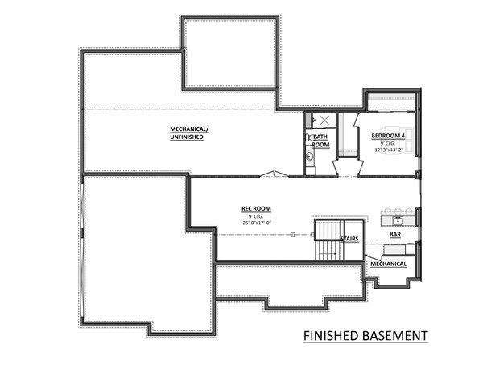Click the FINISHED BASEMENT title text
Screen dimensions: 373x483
[365, 335]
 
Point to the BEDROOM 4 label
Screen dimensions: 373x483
[393, 136]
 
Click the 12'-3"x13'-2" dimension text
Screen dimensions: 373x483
[393, 150]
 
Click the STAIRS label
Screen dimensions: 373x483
[349, 239]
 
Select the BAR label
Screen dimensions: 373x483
[395, 236]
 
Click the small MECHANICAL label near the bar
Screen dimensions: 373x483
[387, 264]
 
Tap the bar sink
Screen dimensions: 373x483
[397, 218]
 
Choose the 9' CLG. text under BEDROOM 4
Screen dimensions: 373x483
[393, 143]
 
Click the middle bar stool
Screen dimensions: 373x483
[397, 210]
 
